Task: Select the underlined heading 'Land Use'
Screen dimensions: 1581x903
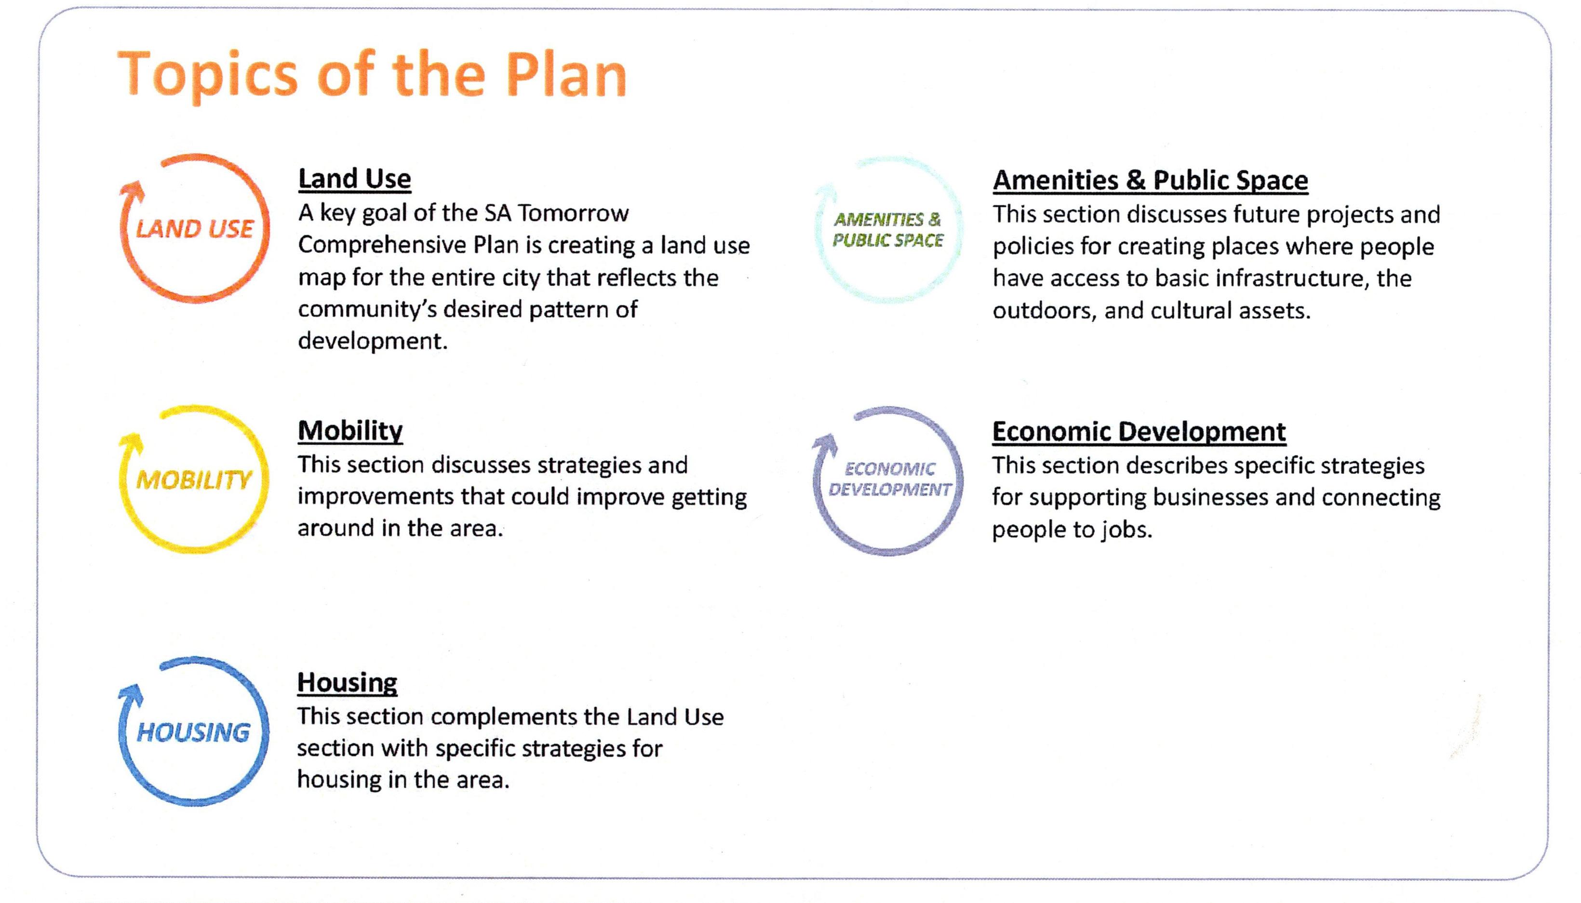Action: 354,179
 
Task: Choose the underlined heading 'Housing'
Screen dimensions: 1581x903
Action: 347,683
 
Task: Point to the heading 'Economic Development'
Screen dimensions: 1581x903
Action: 1139,432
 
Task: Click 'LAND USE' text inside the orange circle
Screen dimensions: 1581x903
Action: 195,229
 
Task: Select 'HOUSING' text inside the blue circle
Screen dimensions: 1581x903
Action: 193,732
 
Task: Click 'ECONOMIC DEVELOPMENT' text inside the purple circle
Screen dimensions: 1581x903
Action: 889,479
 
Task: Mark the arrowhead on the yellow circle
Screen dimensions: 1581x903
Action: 131,441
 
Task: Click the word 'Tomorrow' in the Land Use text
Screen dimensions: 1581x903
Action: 573,213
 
